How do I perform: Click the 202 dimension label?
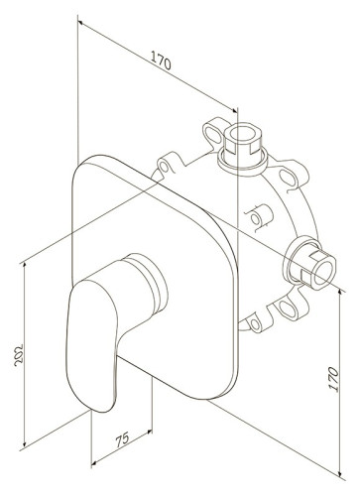click(x=19, y=355)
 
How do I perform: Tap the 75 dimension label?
click(x=122, y=439)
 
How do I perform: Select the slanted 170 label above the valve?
click(x=161, y=61)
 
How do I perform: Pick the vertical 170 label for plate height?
click(x=334, y=379)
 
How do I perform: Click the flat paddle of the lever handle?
click(x=92, y=345)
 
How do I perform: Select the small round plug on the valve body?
click(x=255, y=219)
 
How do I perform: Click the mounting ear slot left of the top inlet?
click(x=212, y=134)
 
